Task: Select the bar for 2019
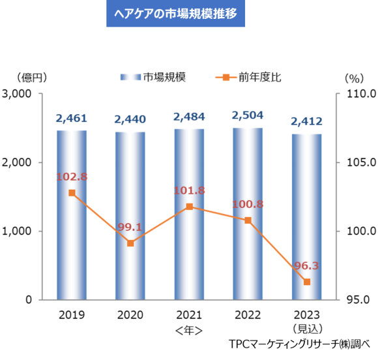[x=71, y=215]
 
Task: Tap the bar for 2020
[x=130, y=216]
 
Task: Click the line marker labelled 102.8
[x=72, y=193]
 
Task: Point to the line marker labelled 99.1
[x=130, y=243]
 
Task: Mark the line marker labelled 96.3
[x=307, y=282]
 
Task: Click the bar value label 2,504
[x=248, y=115]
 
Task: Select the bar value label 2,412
[x=306, y=121]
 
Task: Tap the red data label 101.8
[x=189, y=191]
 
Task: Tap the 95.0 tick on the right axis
[x=354, y=300]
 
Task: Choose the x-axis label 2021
[x=189, y=314]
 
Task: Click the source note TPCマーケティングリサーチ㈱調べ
[x=299, y=344]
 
